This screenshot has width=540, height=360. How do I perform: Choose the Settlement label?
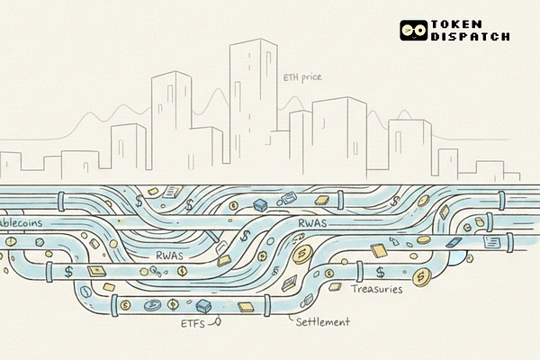[321, 321]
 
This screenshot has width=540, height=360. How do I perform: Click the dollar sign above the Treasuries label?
[381, 271]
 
